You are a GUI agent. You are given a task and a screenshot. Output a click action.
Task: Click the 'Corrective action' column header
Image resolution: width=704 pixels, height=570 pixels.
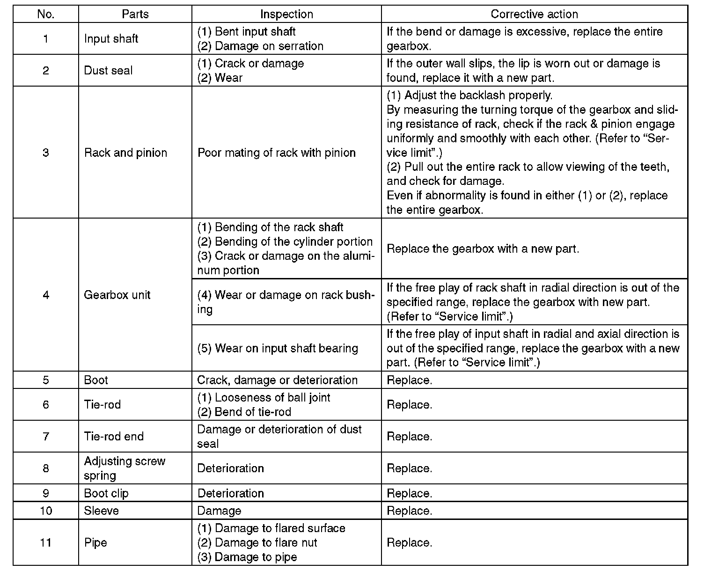534,14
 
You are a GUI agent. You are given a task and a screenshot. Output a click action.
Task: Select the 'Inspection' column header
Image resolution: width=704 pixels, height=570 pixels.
286,14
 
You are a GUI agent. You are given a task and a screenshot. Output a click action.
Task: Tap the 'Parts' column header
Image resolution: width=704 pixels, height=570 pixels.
135,14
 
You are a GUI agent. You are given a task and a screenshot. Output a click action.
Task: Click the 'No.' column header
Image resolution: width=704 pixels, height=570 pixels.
45,14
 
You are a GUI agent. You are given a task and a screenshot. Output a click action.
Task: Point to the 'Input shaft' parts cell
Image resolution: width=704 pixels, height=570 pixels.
111,38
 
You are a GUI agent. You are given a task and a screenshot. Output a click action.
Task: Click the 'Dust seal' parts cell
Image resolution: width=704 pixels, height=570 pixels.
108,70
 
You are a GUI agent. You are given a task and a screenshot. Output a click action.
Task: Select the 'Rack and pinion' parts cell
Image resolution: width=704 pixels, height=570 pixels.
125,153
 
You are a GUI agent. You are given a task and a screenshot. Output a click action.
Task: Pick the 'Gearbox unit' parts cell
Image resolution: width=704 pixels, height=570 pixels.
117,295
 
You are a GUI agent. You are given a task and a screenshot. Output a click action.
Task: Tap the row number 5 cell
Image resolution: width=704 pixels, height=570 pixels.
45,380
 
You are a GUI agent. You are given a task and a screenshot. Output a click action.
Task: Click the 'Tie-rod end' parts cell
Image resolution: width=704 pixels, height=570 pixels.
114,436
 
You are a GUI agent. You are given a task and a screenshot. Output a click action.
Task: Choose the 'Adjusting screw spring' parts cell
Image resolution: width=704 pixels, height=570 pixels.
125,468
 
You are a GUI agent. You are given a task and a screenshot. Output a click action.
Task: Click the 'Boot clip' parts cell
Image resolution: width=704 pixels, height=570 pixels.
106,493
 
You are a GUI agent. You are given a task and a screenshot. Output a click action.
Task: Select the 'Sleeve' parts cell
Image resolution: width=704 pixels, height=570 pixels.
102,511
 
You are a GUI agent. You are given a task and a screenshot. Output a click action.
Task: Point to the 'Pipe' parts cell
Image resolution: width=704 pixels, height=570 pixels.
95,542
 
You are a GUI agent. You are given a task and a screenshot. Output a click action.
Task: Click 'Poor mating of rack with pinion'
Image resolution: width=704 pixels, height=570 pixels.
277,153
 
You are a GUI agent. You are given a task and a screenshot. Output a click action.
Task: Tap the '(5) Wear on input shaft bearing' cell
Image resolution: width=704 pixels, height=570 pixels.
278,348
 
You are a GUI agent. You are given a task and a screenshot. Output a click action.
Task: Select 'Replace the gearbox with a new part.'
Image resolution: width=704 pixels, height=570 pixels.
483,248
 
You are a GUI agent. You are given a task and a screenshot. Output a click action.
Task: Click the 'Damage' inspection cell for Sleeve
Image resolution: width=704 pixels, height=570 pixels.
219,511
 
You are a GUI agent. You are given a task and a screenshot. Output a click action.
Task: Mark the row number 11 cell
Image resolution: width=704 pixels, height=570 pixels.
45,542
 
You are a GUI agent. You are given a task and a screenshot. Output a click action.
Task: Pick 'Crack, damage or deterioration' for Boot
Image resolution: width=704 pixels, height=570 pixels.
277,380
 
